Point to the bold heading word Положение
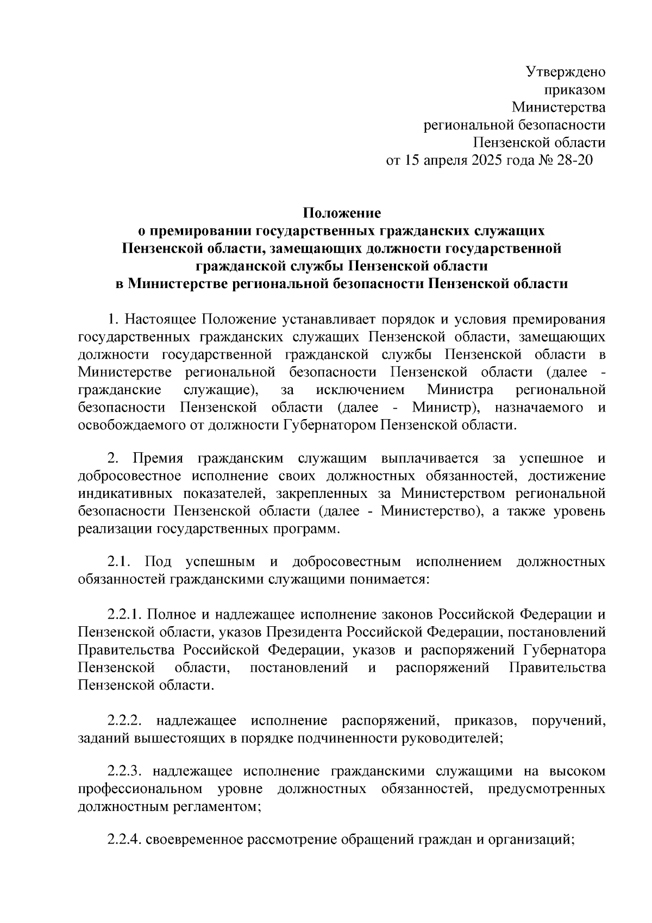342,212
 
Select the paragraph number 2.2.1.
124,615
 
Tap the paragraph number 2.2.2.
124,721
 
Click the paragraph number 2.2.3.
124,771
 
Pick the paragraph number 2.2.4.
124,840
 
